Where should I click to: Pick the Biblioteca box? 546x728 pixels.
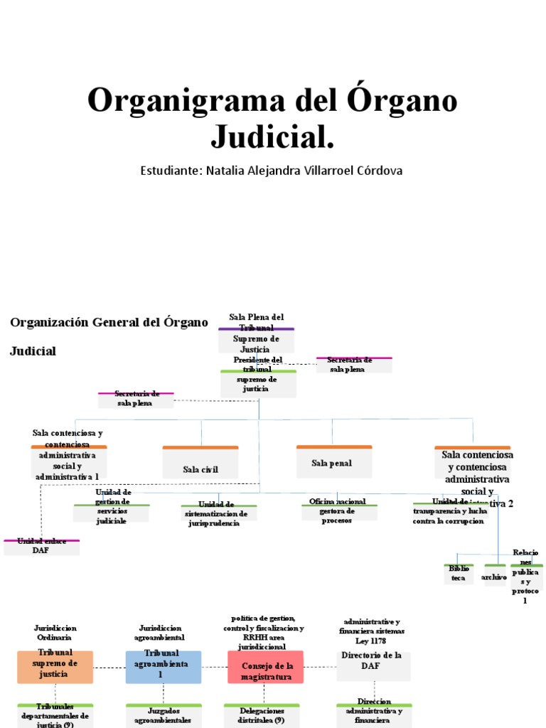click(459, 574)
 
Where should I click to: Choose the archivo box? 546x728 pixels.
click(494, 577)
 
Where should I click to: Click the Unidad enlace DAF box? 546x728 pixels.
click(41, 546)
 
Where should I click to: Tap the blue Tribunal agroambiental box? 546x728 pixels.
click(164, 666)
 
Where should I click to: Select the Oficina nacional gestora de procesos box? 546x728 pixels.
click(338, 511)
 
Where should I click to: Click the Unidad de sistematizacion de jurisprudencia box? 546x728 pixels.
click(218, 514)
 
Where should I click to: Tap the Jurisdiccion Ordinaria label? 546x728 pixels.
click(55, 633)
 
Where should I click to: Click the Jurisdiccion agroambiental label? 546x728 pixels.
click(160, 633)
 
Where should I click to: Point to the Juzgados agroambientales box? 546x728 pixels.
click(163, 715)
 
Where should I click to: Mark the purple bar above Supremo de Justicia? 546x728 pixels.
click(256, 329)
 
